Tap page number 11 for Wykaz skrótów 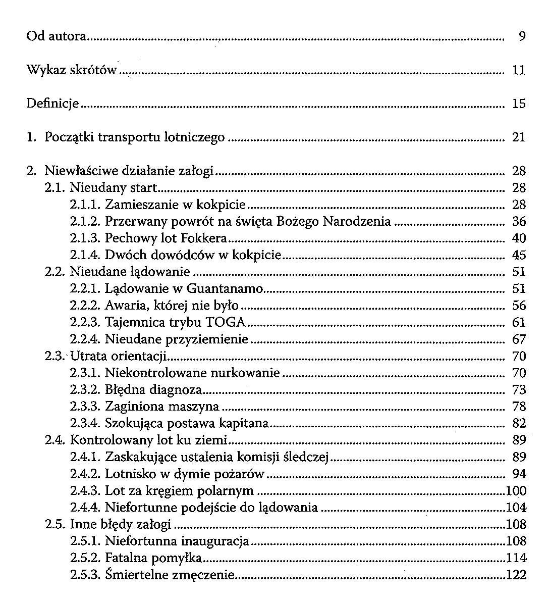coord(519,70)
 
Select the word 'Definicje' coord(52,104)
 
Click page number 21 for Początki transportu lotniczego coord(519,137)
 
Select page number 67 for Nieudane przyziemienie coord(519,339)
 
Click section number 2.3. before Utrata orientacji coord(56,357)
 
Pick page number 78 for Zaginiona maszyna coord(519,407)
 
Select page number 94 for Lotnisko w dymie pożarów coord(519,474)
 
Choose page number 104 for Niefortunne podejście coord(516,508)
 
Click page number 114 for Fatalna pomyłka coord(516,558)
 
